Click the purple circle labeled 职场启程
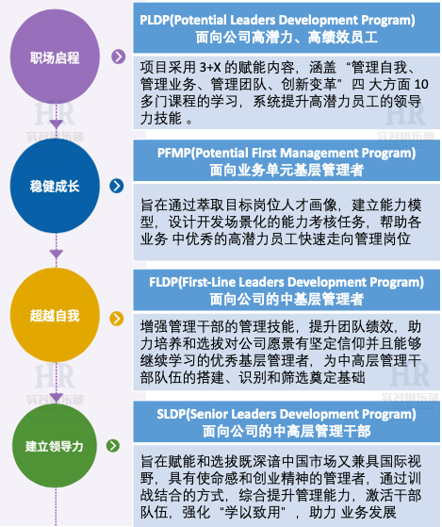[x=55, y=57]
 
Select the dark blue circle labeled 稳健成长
[x=55, y=186]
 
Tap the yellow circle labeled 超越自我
[x=55, y=315]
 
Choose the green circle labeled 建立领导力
[x=55, y=446]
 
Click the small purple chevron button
[x=118, y=57]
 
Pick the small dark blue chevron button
[x=117, y=186]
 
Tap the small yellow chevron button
[x=117, y=319]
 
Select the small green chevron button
[x=113, y=446]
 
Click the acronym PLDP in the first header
[x=155, y=20]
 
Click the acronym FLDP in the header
[x=163, y=282]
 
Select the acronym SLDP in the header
[x=172, y=414]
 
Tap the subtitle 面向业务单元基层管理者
[x=286, y=170]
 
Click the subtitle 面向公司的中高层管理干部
[x=286, y=431]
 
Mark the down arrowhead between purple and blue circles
[x=57, y=124]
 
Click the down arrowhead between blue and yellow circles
[x=57, y=255]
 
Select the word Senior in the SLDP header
[x=207, y=414]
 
